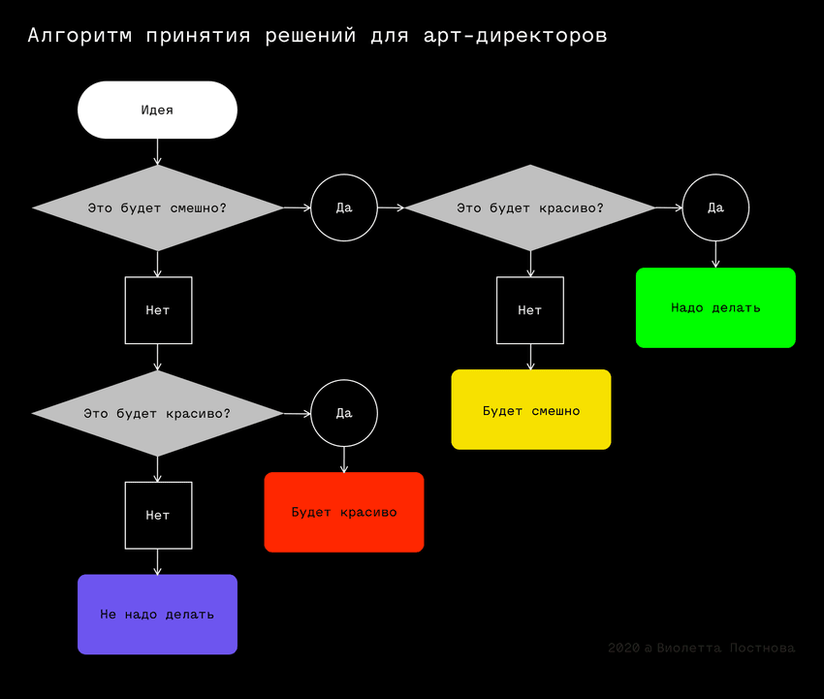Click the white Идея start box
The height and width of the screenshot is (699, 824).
click(157, 110)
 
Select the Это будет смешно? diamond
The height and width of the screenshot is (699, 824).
click(157, 207)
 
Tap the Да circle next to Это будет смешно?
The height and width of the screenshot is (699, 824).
click(343, 207)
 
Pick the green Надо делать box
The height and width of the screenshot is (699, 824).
click(715, 307)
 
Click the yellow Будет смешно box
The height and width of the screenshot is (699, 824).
click(531, 410)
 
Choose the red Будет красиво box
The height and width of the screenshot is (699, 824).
click(344, 512)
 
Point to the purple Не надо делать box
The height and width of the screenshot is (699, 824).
click(157, 614)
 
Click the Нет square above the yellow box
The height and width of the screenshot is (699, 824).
click(529, 310)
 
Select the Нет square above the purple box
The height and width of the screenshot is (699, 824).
click(158, 515)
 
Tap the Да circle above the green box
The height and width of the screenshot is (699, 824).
click(715, 207)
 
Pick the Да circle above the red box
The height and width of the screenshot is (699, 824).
click(344, 413)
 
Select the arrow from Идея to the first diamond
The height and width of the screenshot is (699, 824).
click(157, 151)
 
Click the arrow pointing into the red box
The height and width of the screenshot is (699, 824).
click(344, 460)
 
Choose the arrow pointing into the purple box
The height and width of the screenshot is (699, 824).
click(157, 561)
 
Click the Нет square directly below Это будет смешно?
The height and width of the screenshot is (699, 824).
click(158, 310)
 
